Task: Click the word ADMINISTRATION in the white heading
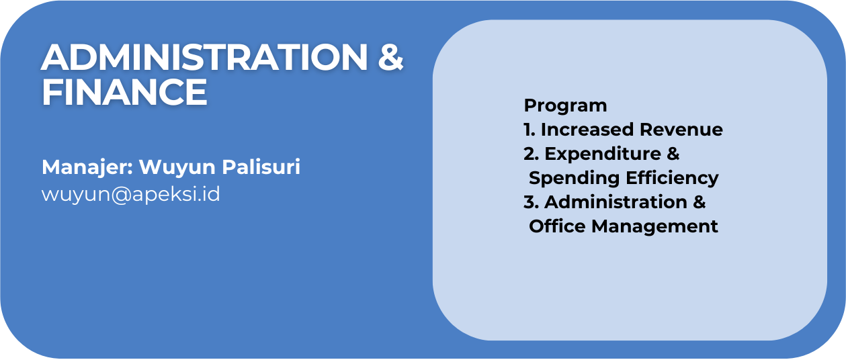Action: click(204, 57)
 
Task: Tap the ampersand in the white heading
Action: click(391, 57)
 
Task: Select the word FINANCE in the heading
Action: click(124, 92)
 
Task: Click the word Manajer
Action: click(87, 167)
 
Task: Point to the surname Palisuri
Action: click(261, 167)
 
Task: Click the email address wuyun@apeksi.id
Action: click(130, 195)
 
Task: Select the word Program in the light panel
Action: click(565, 106)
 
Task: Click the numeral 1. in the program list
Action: click(530, 130)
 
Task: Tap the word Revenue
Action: click(681, 130)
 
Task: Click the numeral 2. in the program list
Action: click(531, 154)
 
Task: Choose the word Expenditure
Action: click(603, 154)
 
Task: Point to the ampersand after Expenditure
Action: click(673, 154)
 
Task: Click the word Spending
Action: click(575, 179)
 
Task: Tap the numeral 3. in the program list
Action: click(531, 202)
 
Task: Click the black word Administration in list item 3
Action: click(616, 202)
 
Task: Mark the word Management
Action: click(654, 227)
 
